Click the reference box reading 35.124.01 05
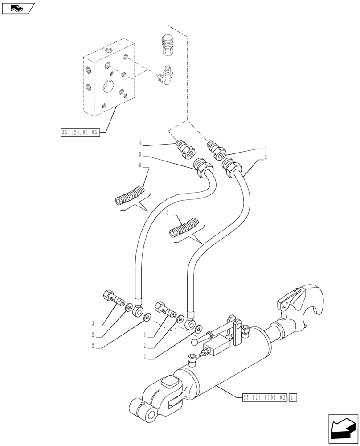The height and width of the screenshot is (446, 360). point(80,132)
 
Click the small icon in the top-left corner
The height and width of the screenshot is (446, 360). point(17,8)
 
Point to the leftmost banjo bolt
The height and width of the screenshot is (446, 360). point(113,297)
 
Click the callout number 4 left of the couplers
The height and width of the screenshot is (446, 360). point(140,144)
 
